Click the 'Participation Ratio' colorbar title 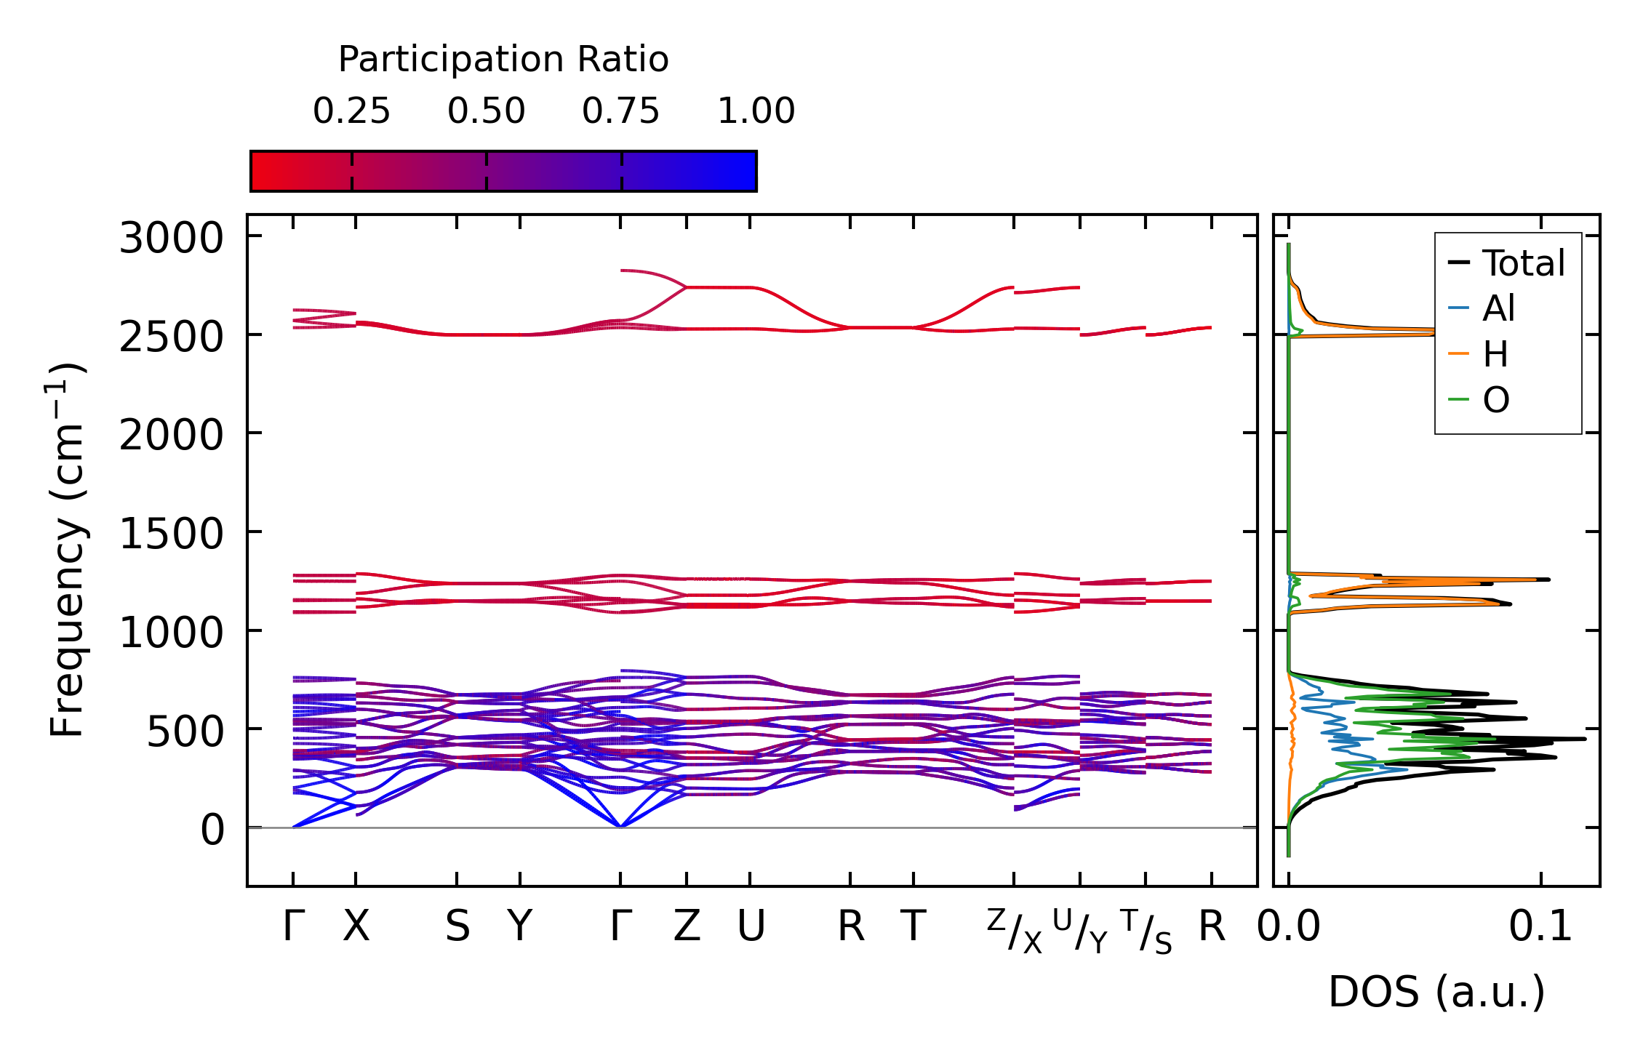coord(503,60)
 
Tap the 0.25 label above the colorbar coord(351,111)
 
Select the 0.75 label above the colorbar coord(620,111)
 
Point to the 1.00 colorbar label coord(756,111)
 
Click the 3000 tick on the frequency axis coord(171,238)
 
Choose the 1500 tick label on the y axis coord(171,534)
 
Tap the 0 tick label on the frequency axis coord(212,830)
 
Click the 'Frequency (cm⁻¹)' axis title coord(68,550)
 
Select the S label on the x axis coord(457,926)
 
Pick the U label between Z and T coord(751,926)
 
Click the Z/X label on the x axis coord(1014,931)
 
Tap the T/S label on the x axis coord(1146,931)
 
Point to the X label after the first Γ coord(356,926)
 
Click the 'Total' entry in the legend coord(1523,263)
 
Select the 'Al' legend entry coord(1498,308)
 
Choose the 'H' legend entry coord(1495,354)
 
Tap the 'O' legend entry coord(1496,400)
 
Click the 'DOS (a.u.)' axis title coord(1436,992)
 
